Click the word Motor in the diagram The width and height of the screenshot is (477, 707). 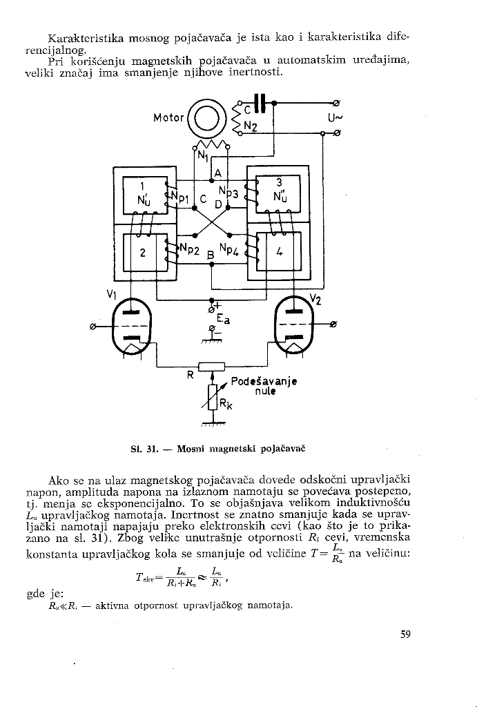click(168, 118)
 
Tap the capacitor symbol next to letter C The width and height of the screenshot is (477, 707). click(260, 103)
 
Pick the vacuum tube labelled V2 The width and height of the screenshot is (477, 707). click(293, 326)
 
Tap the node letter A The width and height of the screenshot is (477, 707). click(217, 173)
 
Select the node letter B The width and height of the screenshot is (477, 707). click(210, 255)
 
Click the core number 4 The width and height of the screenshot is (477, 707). click(280, 253)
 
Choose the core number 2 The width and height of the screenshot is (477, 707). click(142, 253)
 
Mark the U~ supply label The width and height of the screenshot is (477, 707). click(335, 119)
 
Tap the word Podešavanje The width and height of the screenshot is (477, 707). click(264, 381)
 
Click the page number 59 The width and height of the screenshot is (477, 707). click(405, 635)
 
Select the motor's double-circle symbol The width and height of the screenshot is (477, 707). click(206, 118)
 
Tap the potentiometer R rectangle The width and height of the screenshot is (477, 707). click(211, 367)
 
